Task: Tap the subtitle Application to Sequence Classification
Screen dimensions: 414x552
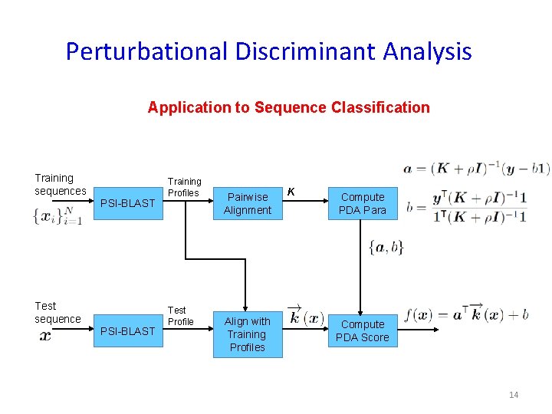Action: coord(288,107)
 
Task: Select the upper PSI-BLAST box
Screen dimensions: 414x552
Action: coord(128,203)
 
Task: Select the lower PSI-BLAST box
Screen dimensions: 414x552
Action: coord(128,331)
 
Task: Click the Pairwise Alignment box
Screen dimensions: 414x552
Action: coord(247,203)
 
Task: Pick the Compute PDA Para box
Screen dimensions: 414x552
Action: coord(363,203)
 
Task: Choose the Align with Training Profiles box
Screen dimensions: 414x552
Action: coord(247,334)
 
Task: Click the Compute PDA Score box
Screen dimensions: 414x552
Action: coord(363,331)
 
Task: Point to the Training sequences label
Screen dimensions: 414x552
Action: coord(60,184)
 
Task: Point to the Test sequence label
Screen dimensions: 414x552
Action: coord(57,312)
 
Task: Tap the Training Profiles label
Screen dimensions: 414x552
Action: coord(184,187)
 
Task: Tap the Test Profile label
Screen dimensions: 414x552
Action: coord(180,316)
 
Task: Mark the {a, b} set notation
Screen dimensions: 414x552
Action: coord(386,247)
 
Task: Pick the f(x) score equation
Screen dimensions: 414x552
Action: coord(465,314)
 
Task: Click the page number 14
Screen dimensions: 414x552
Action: coord(513,395)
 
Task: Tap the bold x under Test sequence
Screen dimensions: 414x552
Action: coord(45,336)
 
